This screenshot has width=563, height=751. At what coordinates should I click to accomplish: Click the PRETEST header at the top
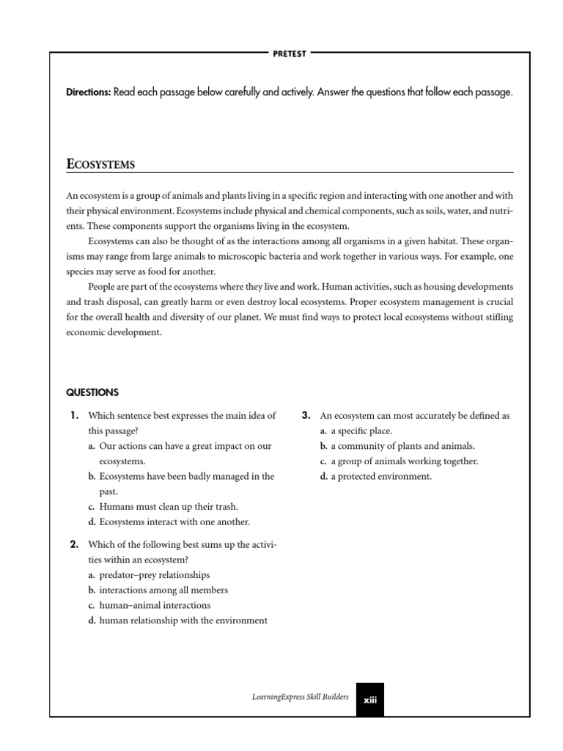click(291, 53)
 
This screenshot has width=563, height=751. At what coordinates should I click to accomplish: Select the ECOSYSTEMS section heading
click(100, 164)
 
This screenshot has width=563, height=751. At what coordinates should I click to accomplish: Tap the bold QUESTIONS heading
click(92, 392)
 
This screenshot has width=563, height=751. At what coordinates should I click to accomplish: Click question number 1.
click(74, 416)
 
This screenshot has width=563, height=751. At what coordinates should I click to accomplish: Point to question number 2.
click(74, 544)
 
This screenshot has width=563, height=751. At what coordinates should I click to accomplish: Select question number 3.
click(306, 416)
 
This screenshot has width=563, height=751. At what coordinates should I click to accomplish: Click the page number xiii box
click(369, 700)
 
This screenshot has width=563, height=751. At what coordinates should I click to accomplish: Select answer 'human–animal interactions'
click(154, 606)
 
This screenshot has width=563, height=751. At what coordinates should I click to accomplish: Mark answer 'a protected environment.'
click(380, 477)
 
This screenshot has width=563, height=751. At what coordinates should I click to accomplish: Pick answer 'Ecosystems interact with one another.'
click(174, 522)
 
